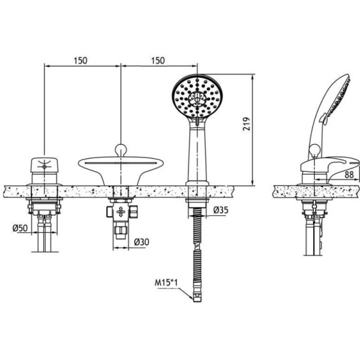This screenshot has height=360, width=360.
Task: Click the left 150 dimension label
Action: tap(80, 61)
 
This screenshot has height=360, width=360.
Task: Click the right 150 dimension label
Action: tap(158, 61)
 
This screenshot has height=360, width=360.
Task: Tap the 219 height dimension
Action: tap(247, 124)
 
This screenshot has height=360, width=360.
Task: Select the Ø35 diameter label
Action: tap(221, 210)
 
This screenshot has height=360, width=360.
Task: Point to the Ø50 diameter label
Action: tap(20, 228)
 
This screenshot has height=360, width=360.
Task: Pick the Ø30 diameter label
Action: tap(142, 242)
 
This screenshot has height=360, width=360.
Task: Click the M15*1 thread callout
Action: tap(166, 283)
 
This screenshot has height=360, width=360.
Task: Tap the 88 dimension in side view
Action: tap(349, 175)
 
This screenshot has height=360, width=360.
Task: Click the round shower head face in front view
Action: tap(197, 97)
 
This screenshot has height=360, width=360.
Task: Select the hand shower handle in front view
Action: tap(197, 149)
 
